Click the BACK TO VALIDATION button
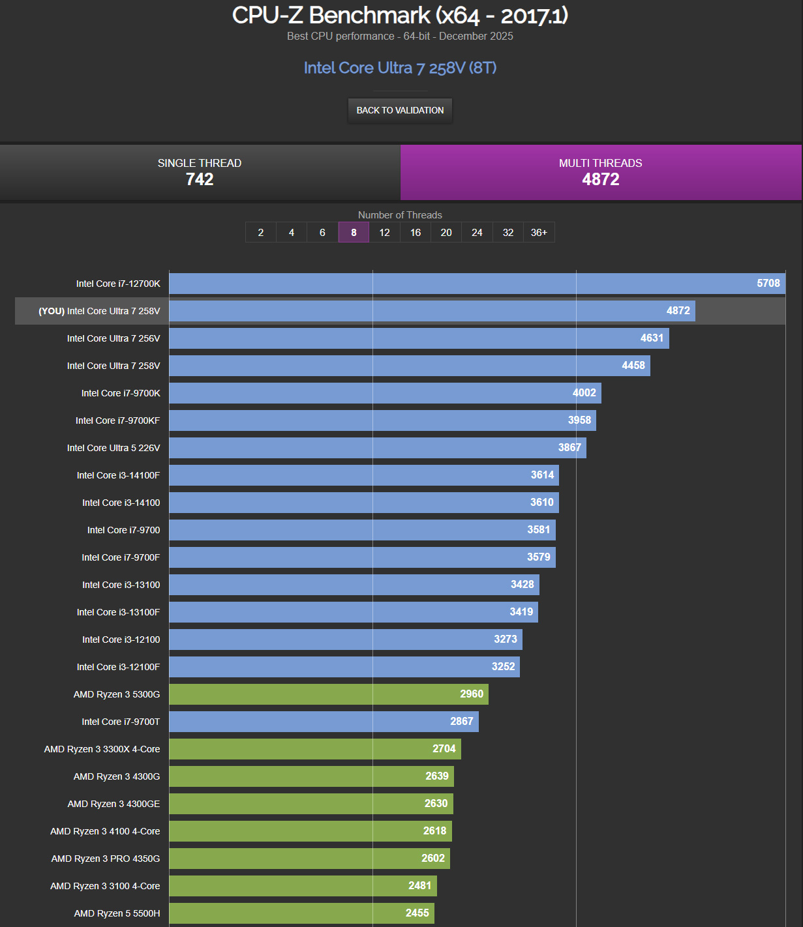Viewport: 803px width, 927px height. (400, 110)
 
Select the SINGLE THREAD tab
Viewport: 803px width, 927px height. (200, 172)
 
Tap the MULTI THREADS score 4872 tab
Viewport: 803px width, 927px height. (600, 172)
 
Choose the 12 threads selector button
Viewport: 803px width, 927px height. (384, 233)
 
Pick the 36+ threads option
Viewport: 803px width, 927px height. (539, 233)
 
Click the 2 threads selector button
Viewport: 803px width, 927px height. (261, 233)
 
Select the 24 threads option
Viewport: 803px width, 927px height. (477, 233)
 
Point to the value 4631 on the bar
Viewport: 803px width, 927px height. (652, 338)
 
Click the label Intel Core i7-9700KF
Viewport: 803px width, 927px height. (117, 420)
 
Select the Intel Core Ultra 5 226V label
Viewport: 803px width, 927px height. (114, 448)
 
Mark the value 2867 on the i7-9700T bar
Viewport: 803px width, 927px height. (461, 721)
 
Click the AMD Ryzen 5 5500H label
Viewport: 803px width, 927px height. (117, 913)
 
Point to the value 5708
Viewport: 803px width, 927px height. (768, 283)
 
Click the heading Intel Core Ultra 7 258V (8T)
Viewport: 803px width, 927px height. (400, 68)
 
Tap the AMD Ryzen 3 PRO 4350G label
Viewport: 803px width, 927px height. (106, 859)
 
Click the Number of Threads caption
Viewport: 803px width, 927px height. (400, 215)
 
